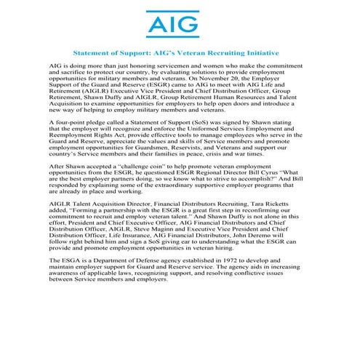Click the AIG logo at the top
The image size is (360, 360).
click(x=179, y=24)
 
